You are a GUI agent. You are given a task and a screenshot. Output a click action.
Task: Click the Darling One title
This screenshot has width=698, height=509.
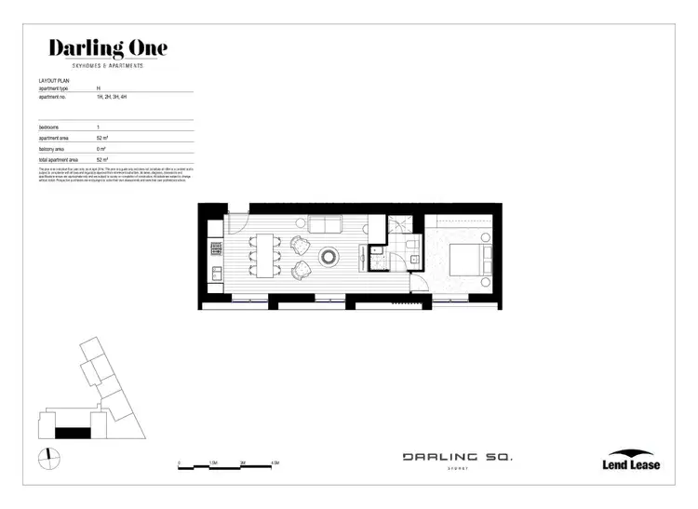click(x=108, y=47)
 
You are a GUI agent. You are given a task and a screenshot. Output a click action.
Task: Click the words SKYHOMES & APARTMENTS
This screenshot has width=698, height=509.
click(x=108, y=65)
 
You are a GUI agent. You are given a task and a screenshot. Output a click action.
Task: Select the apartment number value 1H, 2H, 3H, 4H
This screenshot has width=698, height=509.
click(x=124, y=96)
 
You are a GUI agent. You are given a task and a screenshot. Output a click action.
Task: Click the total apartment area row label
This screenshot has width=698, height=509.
click(x=58, y=158)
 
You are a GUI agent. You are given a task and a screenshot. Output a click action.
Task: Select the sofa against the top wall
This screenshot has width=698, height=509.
click(x=325, y=224)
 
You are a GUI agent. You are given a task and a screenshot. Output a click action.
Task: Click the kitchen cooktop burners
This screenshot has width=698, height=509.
click(x=216, y=249)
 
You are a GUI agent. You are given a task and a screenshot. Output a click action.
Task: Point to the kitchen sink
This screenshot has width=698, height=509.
click(x=216, y=273)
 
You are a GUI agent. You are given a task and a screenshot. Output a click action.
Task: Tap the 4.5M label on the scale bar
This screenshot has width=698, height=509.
click(x=275, y=462)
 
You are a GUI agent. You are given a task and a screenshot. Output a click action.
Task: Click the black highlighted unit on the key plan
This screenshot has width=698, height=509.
click(x=73, y=432)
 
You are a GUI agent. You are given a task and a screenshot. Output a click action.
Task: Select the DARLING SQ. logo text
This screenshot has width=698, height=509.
click(x=457, y=457)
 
